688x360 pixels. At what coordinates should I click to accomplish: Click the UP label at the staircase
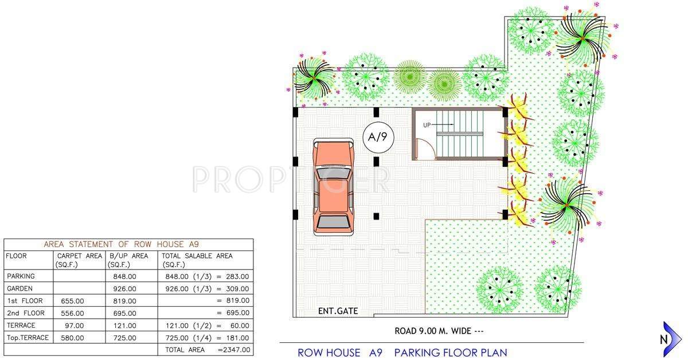[x=427, y=124]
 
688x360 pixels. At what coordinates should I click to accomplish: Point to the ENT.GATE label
[x=338, y=311]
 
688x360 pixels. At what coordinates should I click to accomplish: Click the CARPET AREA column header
[x=80, y=260]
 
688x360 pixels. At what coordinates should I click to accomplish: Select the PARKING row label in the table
[x=21, y=276]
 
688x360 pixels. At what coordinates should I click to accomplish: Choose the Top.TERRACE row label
[x=28, y=338]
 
